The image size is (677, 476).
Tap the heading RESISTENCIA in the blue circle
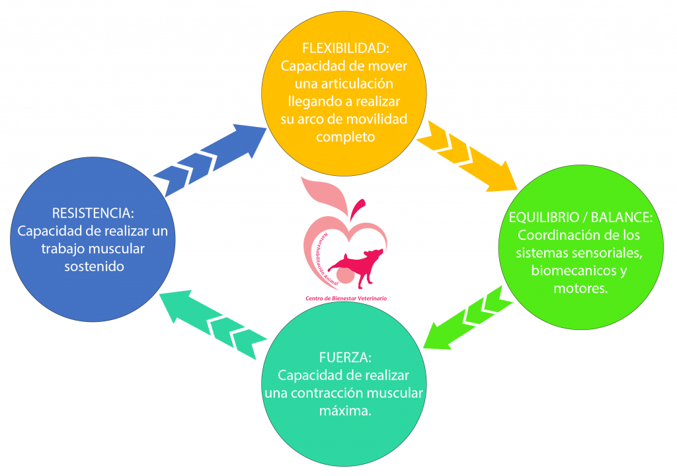pos(93,214)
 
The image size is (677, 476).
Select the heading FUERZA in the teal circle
pos(345,358)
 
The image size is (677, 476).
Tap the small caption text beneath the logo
pos(346,299)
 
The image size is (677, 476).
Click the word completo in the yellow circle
pos(345,137)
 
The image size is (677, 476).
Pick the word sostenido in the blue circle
pos(94,266)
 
